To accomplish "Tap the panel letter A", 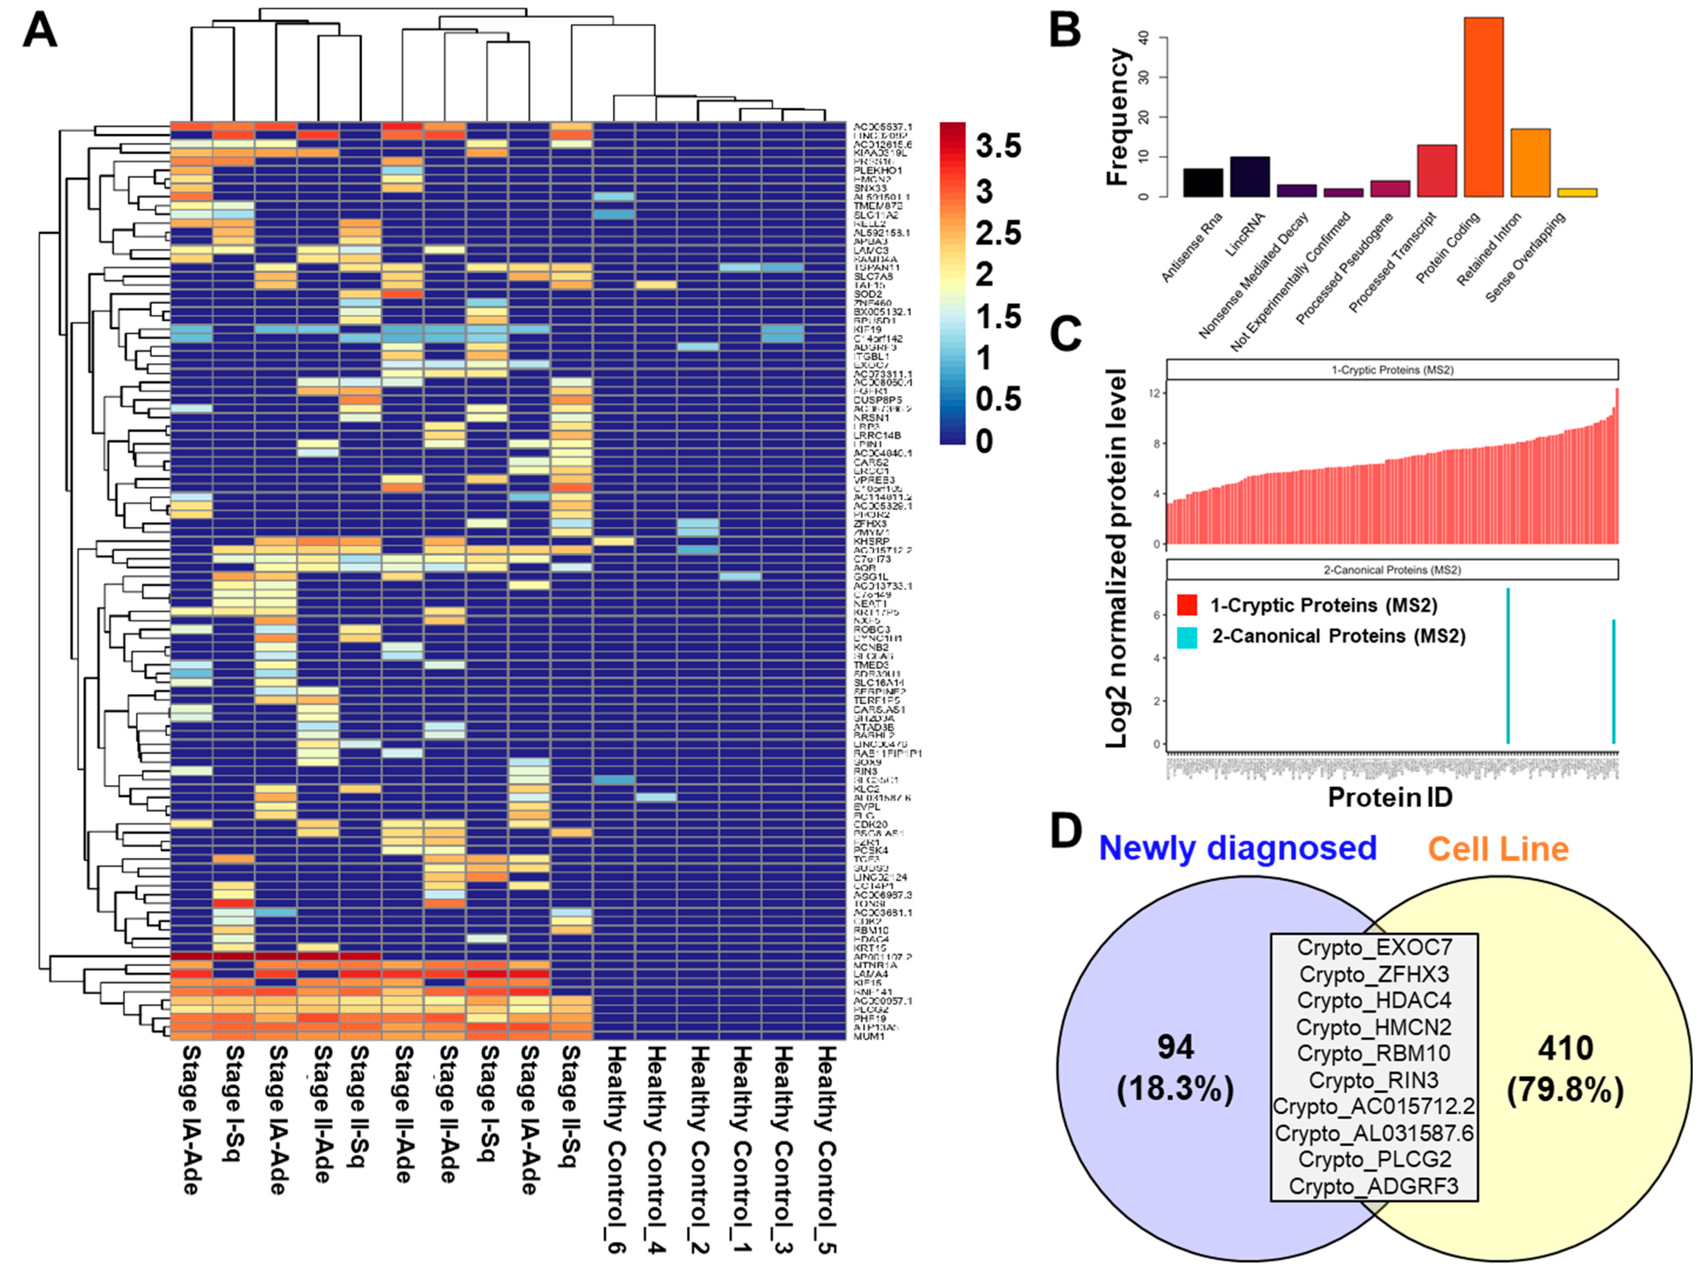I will [x=40, y=32].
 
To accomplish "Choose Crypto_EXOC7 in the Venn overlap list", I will [x=1373, y=948].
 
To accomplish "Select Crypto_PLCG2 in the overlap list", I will [x=1373, y=1159].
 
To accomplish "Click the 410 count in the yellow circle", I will [x=1565, y=1048].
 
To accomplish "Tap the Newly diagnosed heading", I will [x=1237, y=848].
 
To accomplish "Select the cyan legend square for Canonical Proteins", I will [x=1187, y=636].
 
